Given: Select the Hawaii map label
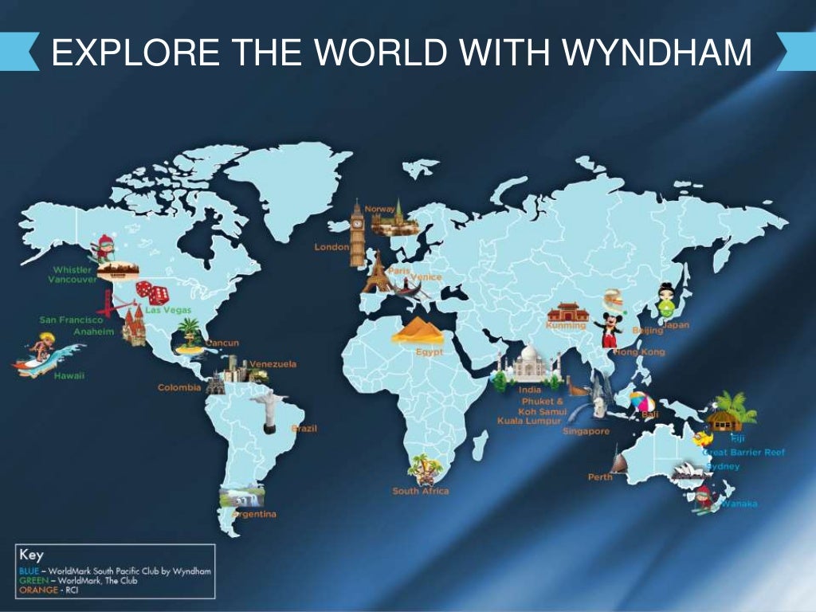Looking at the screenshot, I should click(69, 375).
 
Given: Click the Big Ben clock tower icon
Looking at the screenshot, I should click(356, 226).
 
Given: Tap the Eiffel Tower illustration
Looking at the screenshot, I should click(377, 272).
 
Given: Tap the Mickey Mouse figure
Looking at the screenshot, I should click(610, 329).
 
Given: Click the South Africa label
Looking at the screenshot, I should click(420, 491).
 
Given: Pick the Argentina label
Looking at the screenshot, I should click(254, 514).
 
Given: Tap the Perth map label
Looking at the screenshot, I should click(600, 477).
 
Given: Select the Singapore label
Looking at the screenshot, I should click(586, 431).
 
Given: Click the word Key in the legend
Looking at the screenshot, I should click(31, 555).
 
